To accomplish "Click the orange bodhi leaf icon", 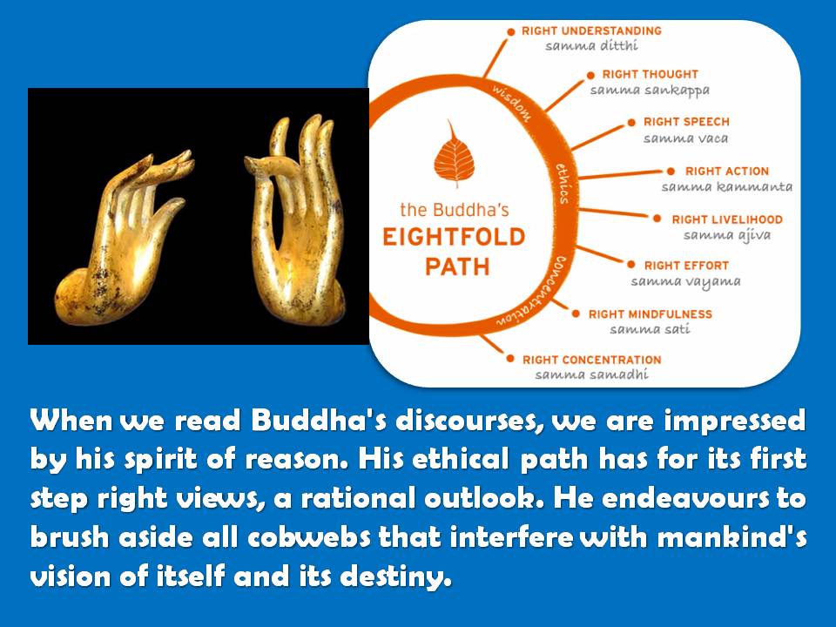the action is click(454, 155).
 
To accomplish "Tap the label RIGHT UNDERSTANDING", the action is click(591, 31).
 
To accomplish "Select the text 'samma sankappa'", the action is click(650, 90).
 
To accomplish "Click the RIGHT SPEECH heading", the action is click(686, 122).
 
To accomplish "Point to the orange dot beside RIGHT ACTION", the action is click(671, 172).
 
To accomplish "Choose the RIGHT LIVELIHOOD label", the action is click(726, 219).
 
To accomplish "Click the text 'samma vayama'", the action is click(685, 281).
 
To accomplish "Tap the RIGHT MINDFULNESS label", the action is click(650, 314).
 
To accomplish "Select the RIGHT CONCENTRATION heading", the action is click(592, 360).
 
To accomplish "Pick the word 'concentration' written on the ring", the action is click(536, 293).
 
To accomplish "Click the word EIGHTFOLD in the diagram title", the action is click(454, 237).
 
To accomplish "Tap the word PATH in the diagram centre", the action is click(457, 266).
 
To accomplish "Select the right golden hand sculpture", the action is click(294, 219).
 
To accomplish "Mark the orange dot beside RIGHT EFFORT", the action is click(631, 265).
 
